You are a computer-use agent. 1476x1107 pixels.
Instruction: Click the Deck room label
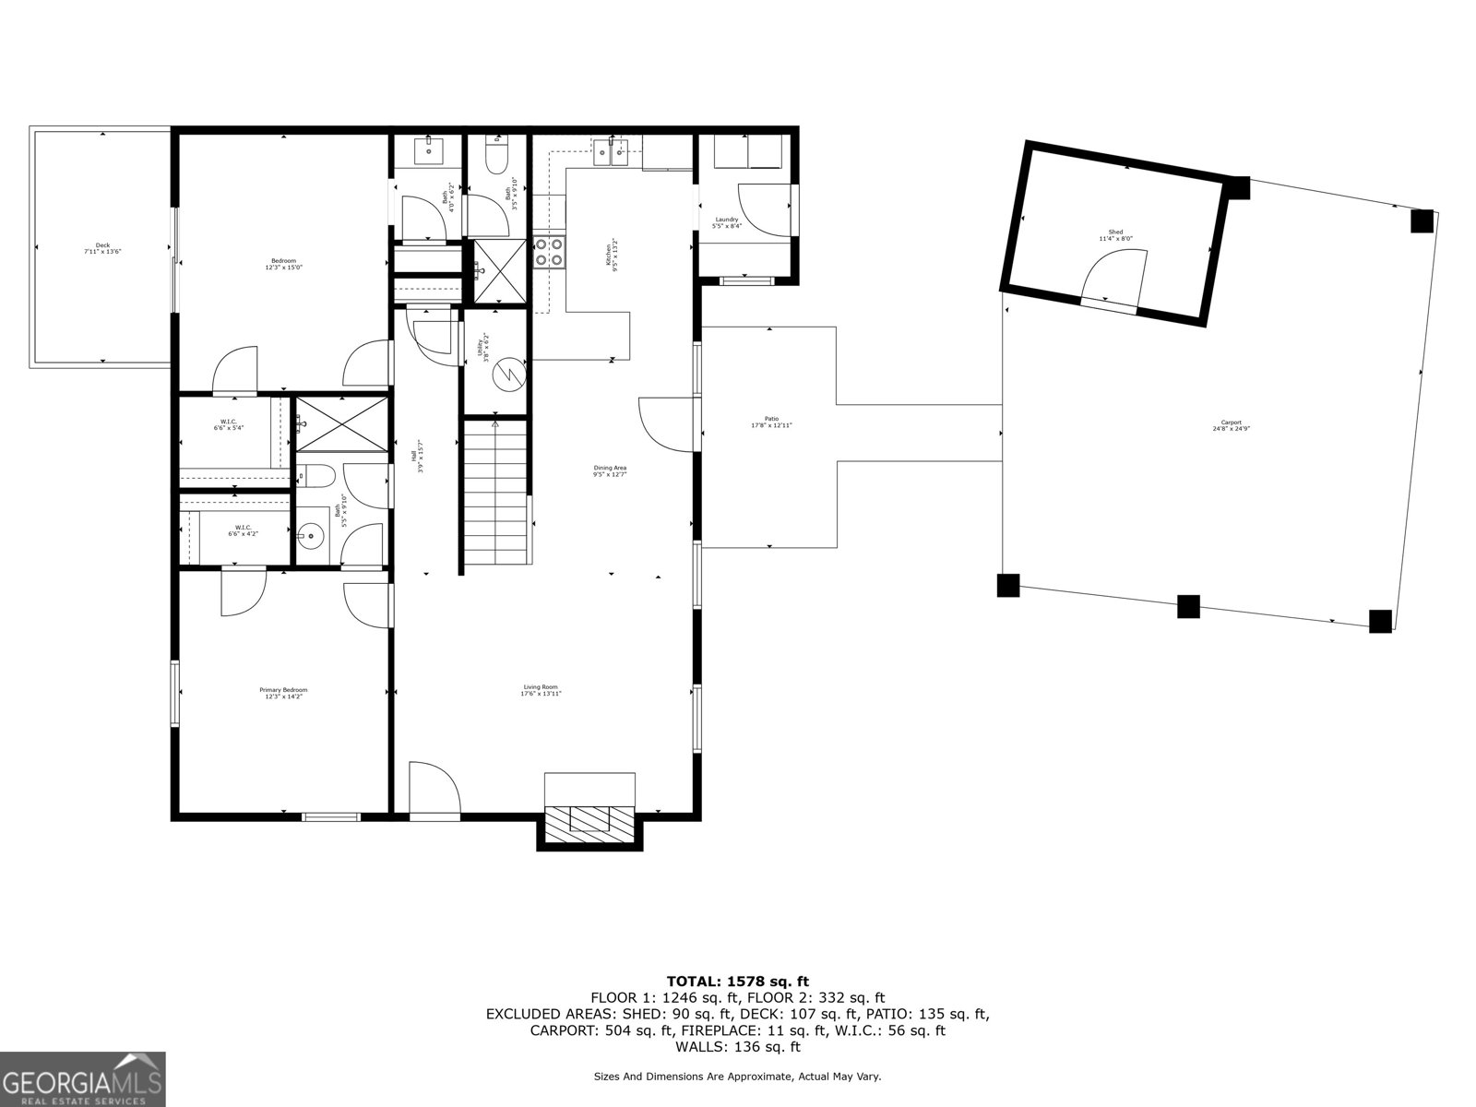point(102,247)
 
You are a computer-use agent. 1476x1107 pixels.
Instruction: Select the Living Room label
point(542,689)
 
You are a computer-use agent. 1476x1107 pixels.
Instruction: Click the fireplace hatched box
point(589,820)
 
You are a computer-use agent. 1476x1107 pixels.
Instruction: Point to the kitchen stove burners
point(548,252)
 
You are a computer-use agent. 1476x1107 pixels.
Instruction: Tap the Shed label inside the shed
point(1116,235)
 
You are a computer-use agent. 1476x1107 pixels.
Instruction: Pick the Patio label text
point(771,422)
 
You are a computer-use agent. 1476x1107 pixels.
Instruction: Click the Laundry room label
point(727,222)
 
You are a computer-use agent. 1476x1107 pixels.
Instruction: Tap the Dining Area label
point(610,470)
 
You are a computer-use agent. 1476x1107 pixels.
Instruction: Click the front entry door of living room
point(434,789)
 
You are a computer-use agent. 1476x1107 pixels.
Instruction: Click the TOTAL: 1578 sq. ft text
point(737,982)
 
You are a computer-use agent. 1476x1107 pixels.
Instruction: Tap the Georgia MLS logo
point(82,1078)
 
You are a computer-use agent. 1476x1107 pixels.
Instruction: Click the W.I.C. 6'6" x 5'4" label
point(229,424)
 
